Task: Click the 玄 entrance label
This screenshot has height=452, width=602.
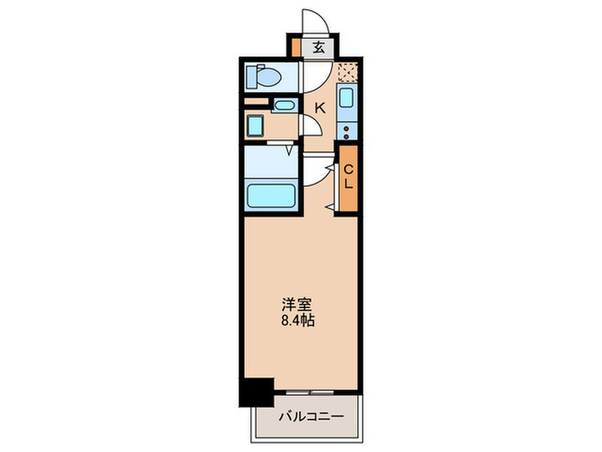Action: tap(319, 47)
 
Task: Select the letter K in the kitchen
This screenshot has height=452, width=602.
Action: tap(319, 108)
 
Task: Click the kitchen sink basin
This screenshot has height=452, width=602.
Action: tap(347, 96)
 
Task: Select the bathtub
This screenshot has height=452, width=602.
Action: tap(270, 195)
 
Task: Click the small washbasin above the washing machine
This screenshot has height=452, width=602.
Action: tap(285, 106)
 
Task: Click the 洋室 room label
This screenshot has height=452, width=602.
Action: tap(298, 305)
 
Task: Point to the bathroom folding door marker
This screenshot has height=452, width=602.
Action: tap(290, 151)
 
